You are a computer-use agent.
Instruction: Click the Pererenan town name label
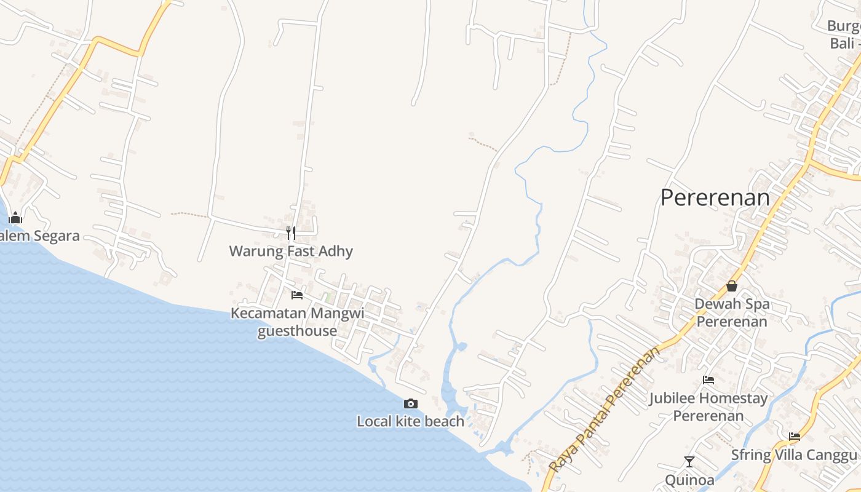[715, 198]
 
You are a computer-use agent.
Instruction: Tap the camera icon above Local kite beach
[411, 403]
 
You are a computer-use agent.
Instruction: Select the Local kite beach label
[411, 421]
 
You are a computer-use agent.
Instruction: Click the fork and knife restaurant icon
[291, 232]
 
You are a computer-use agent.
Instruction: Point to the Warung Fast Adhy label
[291, 251]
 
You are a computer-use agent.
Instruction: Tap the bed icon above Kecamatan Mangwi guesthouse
[297, 295]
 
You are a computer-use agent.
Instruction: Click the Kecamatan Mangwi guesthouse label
[297, 322]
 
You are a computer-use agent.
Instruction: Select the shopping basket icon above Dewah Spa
[732, 286]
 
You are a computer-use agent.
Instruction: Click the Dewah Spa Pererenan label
[732, 312]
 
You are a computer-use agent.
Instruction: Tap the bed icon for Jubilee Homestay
[708, 380]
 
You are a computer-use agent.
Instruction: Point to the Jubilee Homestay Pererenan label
[708, 407]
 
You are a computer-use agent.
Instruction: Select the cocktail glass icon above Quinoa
[689, 461]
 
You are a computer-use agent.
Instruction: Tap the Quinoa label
[689, 480]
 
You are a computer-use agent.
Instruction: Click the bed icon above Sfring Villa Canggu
[795, 437]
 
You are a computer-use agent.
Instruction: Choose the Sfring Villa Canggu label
[794, 455]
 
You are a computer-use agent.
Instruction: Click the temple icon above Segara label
[15, 218]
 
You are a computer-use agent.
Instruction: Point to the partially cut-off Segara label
[39, 236]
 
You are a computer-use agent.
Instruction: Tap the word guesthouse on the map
[297, 331]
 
